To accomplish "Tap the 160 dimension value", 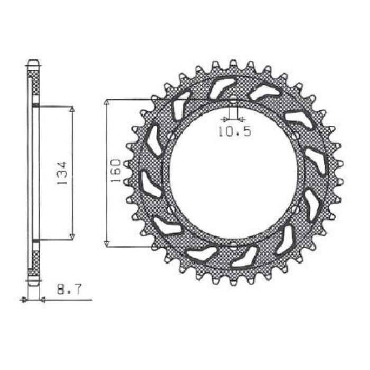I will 117,171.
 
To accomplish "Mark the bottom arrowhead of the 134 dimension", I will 72,236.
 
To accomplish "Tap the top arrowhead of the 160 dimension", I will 107,102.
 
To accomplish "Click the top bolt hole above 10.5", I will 233,99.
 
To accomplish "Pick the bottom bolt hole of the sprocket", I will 233,244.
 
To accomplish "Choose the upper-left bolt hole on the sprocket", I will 170,135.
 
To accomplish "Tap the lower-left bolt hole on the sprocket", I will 170,209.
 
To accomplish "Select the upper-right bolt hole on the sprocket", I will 295,135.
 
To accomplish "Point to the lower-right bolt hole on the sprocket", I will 295,209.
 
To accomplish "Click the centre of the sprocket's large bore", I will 233,172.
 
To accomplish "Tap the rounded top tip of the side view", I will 33,61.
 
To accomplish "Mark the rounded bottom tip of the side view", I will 33,283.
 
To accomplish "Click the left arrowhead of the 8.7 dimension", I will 24,300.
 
